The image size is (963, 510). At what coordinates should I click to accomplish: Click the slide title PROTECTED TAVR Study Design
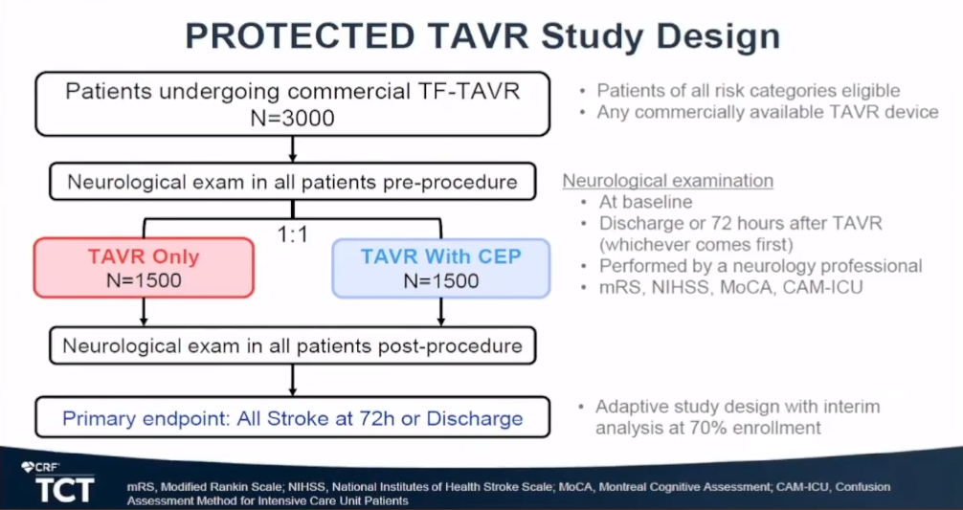tap(481, 35)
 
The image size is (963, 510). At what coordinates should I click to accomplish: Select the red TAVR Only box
tap(144, 268)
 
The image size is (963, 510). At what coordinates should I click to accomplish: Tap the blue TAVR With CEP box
tap(440, 268)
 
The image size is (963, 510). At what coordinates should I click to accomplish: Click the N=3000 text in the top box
tap(292, 118)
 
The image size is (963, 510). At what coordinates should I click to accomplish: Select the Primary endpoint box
tap(292, 418)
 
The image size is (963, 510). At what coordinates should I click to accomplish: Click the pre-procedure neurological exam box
tap(292, 182)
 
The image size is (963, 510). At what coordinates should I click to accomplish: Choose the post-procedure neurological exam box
tap(292, 345)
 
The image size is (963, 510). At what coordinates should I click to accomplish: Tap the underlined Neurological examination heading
tap(667, 181)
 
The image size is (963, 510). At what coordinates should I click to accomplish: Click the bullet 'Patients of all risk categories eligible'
tap(748, 91)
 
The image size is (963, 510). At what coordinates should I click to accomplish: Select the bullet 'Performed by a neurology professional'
tap(759, 265)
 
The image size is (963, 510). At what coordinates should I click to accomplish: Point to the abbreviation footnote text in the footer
tap(507, 494)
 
